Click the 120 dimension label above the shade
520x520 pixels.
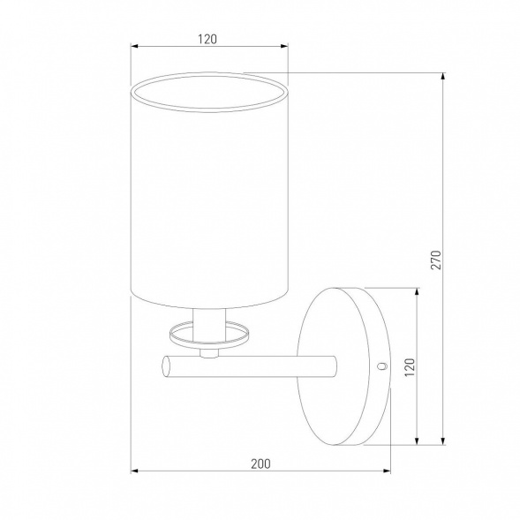207,39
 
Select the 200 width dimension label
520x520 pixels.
260,463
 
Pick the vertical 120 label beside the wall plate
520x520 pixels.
410,367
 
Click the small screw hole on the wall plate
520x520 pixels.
382,366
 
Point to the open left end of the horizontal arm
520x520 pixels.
165,366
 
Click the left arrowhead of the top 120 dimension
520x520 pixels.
134,46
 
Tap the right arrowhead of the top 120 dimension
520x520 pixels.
284,46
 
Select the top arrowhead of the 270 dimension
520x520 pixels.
442,76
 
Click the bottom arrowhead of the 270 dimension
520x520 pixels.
442,441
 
